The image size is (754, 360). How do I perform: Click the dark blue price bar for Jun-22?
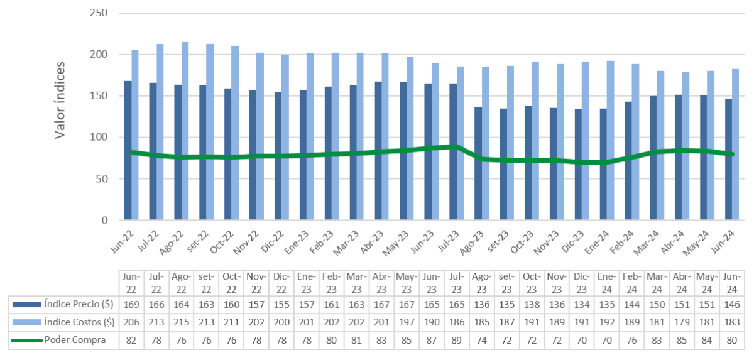(128, 151)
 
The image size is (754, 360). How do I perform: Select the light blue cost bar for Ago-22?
(185, 131)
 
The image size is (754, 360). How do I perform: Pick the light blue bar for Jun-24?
(736, 145)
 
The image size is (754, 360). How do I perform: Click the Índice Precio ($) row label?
(79, 304)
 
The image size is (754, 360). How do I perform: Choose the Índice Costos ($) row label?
(79, 322)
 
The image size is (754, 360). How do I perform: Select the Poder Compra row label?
(75, 341)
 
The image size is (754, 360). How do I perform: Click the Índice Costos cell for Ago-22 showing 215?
(181, 322)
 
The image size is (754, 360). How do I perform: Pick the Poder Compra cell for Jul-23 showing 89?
(457, 341)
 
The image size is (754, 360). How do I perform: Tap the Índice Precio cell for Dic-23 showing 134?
(582, 304)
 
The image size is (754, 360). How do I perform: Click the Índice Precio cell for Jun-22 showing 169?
(131, 304)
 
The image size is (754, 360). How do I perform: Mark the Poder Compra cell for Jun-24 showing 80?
(732, 341)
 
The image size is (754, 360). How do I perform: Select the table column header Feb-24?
(631, 283)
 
